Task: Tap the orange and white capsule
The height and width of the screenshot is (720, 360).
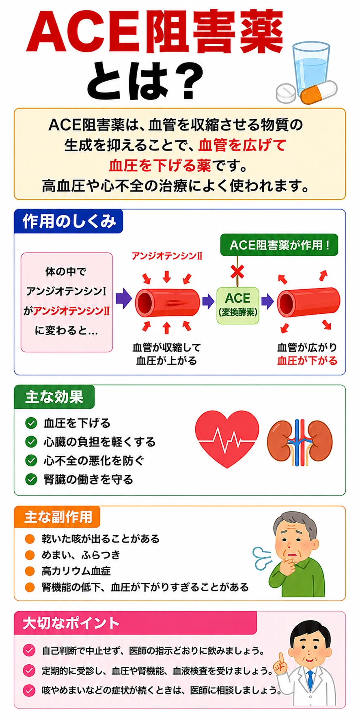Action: (x=319, y=93)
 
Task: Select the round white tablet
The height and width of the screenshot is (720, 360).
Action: (x=287, y=93)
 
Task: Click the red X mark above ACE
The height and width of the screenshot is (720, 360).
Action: (x=237, y=272)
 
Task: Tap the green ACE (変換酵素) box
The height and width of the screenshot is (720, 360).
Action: (x=238, y=305)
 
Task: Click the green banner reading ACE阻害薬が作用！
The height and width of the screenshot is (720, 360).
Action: (x=279, y=245)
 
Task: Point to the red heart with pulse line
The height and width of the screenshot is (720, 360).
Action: (x=227, y=439)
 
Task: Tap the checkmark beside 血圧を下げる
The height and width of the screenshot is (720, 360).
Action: (x=31, y=423)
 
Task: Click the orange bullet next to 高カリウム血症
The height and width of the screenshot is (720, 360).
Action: (x=30, y=571)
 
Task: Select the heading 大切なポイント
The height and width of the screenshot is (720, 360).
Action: (x=71, y=623)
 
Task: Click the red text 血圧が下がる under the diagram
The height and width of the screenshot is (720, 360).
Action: (x=307, y=361)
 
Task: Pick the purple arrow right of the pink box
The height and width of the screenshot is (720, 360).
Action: (x=124, y=299)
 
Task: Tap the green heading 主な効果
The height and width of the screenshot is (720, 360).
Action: (x=54, y=397)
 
